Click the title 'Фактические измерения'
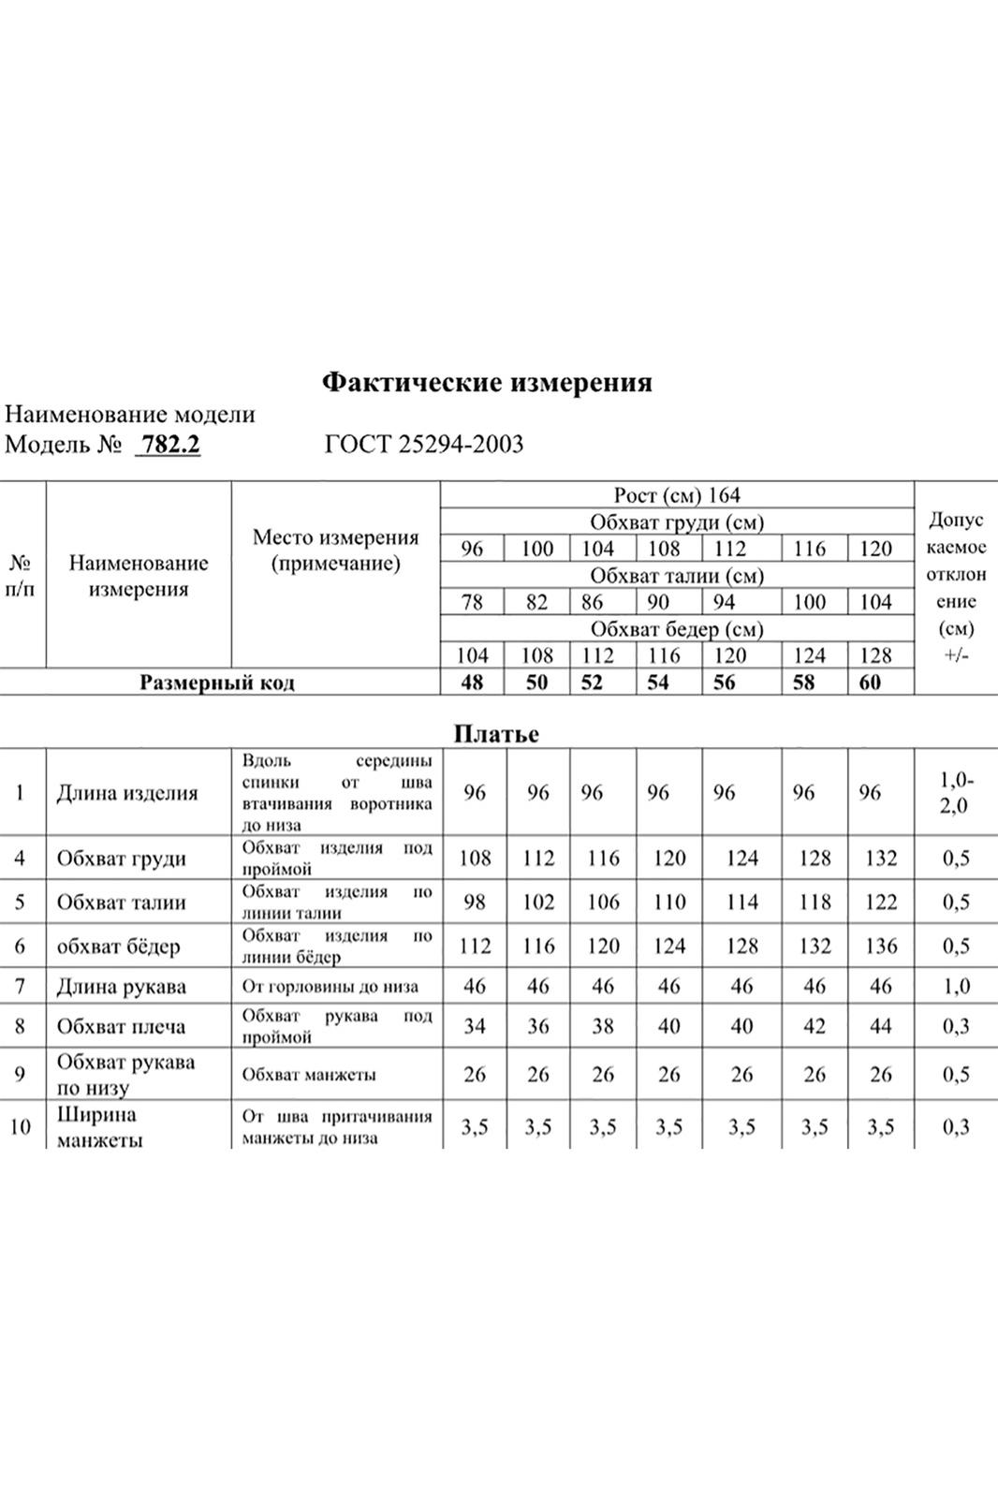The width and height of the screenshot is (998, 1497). (x=487, y=382)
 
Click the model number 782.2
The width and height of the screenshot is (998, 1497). (x=169, y=444)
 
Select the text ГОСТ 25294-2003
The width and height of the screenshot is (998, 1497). (x=424, y=444)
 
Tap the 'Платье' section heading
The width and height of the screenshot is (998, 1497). (x=496, y=734)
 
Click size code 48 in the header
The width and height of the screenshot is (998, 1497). (x=472, y=682)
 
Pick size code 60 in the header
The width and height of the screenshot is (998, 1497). (x=870, y=682)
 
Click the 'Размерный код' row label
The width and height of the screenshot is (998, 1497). (x=217, y=682)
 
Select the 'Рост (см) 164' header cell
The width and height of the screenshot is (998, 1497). (x=677, y=495)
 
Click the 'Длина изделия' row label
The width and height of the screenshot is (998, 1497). (x=127, y=793)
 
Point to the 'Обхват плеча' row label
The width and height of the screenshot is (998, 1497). (x=121, y=1026)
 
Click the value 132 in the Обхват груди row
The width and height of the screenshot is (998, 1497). (x=881, y=859)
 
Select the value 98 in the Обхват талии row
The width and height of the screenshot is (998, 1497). (x=475, y=903)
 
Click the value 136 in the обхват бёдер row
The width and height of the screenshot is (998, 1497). (x=881, y=947)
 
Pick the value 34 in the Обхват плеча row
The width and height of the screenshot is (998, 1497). (x=475, y=1026)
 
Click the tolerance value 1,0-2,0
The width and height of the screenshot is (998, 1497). (x=956, y=792)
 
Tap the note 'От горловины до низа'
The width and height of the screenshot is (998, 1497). (x=330, y=986)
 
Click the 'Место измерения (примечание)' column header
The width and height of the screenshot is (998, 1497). (x=335, y=550)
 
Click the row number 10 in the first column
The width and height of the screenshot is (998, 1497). (x=20, y=1127)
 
